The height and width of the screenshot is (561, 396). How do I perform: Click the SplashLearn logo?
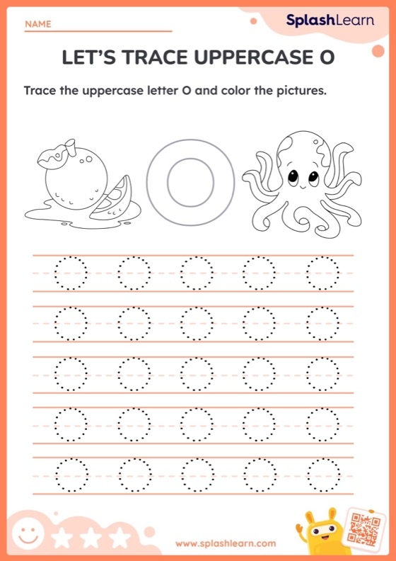330,21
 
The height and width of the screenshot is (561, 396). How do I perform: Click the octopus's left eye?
293,176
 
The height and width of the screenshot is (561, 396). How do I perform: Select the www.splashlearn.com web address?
226,543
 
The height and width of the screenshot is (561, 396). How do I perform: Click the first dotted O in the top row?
71,273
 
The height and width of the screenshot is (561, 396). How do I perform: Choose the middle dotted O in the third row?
197,373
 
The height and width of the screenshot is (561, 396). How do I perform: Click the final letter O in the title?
326,58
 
